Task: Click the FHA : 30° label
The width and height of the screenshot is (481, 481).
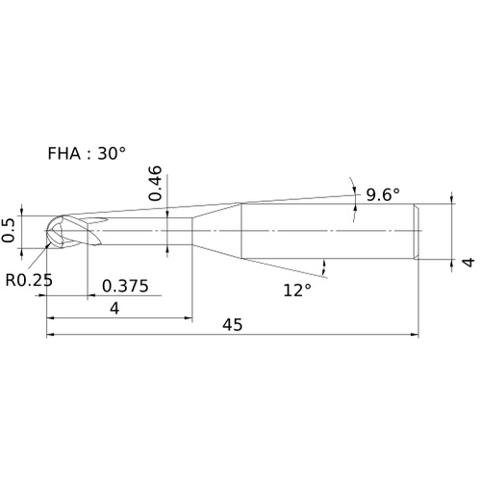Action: tap(87, 153)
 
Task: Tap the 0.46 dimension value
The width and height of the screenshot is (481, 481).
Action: tap(155, 183)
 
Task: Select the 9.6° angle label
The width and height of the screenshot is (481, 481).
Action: tap(383, 194)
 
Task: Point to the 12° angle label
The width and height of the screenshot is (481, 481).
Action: tap(297, 291)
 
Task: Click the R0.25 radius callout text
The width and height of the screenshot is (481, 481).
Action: tap(29, 280)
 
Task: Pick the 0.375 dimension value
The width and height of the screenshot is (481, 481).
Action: tap(125, 286)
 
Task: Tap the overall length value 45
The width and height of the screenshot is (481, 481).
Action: tap(233, 325)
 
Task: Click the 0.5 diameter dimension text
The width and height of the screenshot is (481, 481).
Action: tap(8, 230)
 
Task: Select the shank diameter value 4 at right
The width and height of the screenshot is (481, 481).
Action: tap(469, 262)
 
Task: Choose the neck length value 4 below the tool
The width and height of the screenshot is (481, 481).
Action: tap(114, 309)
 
